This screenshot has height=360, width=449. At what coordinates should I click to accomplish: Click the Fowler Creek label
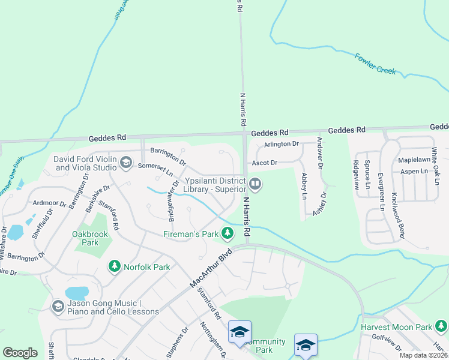375,63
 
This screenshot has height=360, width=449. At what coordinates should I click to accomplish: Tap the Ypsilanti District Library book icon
255,184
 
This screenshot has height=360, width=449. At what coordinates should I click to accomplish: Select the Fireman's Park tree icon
227,233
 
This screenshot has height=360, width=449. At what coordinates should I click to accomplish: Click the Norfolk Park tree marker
114,265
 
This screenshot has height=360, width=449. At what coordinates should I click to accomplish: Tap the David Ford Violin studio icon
125,162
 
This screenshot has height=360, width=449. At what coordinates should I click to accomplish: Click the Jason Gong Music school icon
58,307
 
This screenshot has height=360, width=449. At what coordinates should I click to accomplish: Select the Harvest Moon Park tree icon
441,326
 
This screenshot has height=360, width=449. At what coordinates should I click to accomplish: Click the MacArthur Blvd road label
210,268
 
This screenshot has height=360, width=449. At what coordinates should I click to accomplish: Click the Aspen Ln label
414,172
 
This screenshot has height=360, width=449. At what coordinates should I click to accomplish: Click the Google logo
20,353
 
